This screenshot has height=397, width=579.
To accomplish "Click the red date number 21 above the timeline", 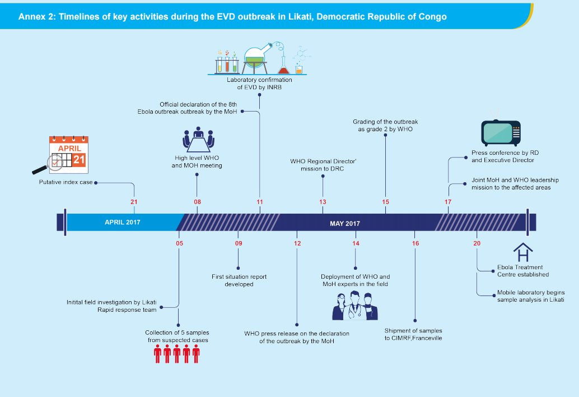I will tap(133, 202).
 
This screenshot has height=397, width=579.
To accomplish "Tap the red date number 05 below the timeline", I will tap(179, 243).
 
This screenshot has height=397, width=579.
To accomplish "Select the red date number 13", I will tap(323, 202).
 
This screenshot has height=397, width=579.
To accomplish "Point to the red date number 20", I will tap(477, 243).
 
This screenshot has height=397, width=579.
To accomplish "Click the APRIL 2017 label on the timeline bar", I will tap(122, 222).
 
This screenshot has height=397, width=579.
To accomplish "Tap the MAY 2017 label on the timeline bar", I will tap(344, 224).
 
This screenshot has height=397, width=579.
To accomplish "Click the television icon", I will tap(501, 132).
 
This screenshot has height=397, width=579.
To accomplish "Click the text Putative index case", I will tap(66, 182).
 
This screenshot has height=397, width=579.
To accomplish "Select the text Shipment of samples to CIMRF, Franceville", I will tap(413, 334).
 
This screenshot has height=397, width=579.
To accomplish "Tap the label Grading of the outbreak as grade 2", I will tap(385, 125).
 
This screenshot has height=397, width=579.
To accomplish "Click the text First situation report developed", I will tap(239, 280).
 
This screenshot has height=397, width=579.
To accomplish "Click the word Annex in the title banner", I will tap(31, 16).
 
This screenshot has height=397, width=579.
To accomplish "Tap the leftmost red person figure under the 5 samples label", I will tap(158, 355).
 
